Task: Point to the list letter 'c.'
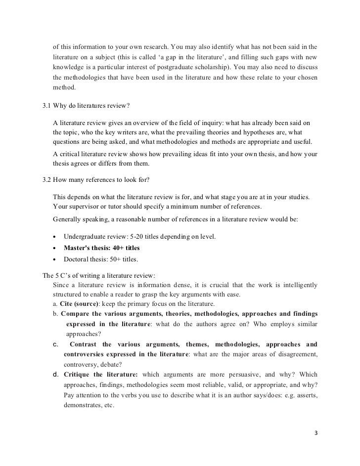click(x=56, y=344)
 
